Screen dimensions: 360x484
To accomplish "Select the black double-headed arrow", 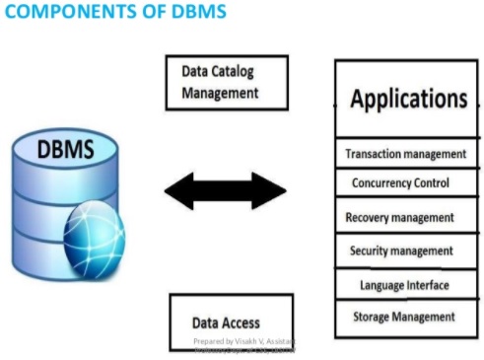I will coord(225,190).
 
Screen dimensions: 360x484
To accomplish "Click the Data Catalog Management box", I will coord(227,84).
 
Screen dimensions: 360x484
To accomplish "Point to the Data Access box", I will coord(230,322).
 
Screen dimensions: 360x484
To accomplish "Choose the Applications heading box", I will coord(407,100).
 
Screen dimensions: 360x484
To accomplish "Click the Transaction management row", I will coord(407,154).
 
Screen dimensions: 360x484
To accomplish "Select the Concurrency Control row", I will coord(407,183).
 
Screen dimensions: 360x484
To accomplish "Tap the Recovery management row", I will coord(407,217).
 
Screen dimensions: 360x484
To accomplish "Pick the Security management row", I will coord(407,251).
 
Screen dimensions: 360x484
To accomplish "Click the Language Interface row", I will coord(407,285).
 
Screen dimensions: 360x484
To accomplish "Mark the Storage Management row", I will coord(407,317).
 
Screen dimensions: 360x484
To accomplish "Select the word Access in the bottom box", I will coord(242,323).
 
